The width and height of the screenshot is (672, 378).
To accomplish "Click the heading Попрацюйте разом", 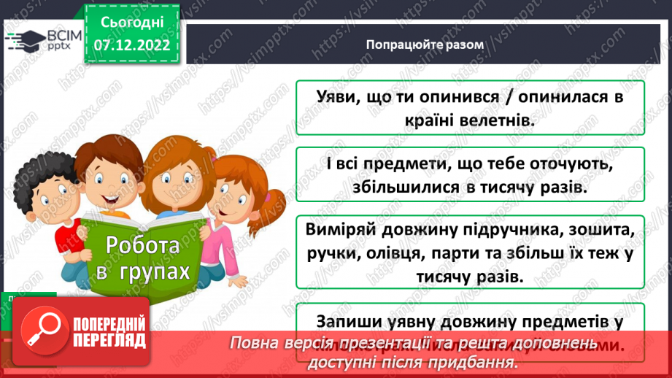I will (425, 44).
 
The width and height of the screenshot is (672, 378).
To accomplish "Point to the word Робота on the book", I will (143, 246).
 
